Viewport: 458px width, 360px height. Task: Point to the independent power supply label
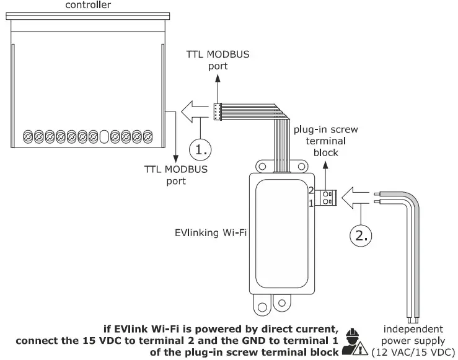pyautogui.click(x=412, y=340)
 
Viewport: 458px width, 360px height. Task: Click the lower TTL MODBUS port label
pyautogui.click(x=176, y=175)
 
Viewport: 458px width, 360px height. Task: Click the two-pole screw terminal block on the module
pyautogui.click(x=326, y=197)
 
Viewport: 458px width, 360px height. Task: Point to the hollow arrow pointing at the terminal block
pyautogui.click(x=357, y=196)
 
